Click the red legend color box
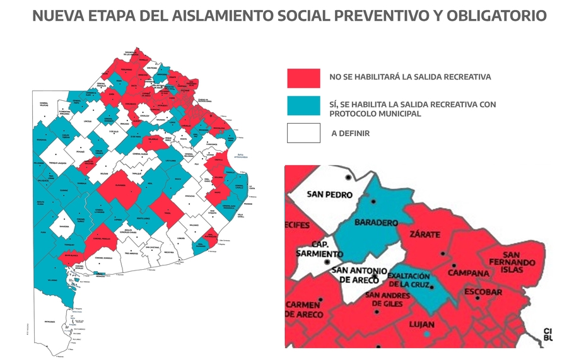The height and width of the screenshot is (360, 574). point(303,78)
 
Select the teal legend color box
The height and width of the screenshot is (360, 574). point(303,106)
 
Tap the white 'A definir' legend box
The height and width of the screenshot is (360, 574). point(303,134)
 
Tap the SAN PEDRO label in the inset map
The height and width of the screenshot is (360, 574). point(329,195)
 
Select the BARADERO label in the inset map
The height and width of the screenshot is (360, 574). point(376,223)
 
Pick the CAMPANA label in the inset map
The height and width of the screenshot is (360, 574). point(469,273)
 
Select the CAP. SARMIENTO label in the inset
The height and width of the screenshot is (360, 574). point(319,250)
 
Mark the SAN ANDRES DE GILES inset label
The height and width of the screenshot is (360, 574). point(387,299)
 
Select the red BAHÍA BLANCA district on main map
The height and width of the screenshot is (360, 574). point(70,257)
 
